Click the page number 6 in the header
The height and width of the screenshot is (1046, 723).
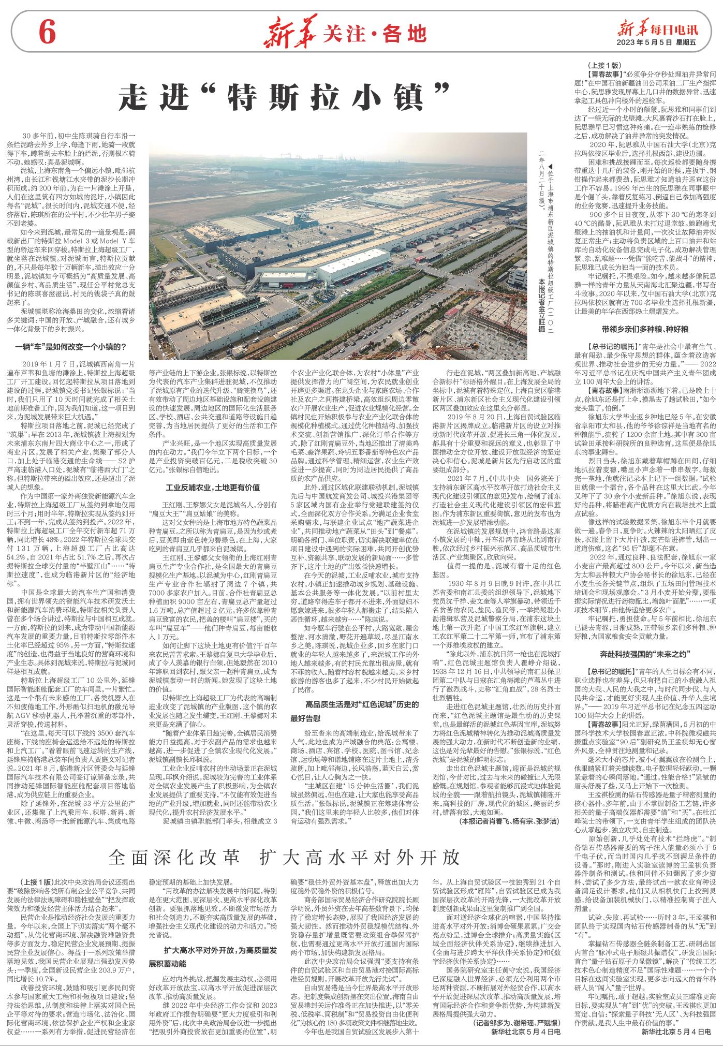coord(46,34)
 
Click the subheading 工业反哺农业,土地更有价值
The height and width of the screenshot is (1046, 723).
coord(212,487)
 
